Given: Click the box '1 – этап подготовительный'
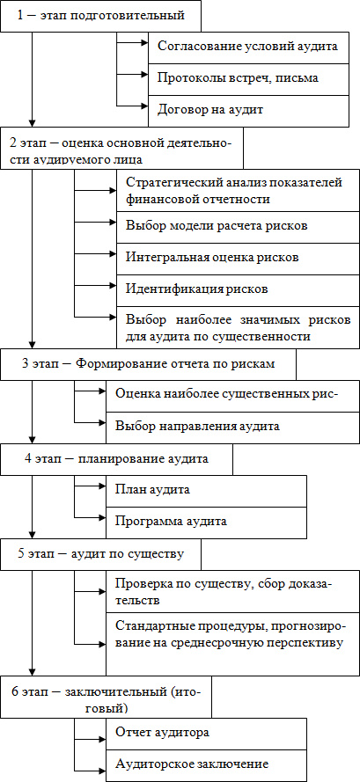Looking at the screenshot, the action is (x=100, y=16).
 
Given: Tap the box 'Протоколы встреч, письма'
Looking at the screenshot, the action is (x=248, y=79).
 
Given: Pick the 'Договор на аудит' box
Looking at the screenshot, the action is (x=248, y=110).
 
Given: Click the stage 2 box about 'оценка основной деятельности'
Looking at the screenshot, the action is (x=121, y=148).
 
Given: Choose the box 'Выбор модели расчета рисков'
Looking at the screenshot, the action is (x=238, y=225).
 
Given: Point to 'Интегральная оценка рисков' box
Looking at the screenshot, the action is (x=238, y=257).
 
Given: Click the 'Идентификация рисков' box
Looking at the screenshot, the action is (x=238, y=289).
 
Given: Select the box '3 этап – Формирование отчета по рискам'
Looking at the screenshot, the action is (x=148, y=364).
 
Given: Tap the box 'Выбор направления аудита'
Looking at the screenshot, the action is (x=232, y=428).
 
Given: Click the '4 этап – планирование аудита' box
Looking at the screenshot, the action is (x=116, y=459).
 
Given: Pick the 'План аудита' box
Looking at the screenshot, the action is (x=206, y=491).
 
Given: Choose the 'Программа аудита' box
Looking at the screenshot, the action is (x=206, y=523).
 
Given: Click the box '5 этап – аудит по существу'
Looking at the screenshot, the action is (x=100, y=554).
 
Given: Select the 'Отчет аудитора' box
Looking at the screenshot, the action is (x=206, y=734).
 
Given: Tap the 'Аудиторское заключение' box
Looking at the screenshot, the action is (x=206, y=765).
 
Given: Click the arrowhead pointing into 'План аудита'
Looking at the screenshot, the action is (x=101, y=486).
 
